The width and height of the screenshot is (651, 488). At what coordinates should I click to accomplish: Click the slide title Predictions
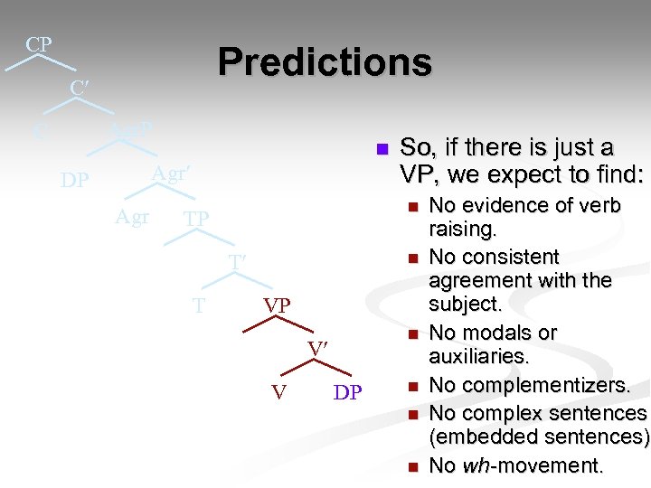tap(325, 62)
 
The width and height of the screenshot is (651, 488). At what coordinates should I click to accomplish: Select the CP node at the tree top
tap(38, 44)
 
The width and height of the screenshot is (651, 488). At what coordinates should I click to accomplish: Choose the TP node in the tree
tap(196, 219)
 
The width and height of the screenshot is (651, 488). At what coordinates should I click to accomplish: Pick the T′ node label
tap(238, 262)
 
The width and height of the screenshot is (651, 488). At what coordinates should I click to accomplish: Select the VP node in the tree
tap(277, 306)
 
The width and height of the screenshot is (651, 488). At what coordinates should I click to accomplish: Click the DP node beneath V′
tap(347, 392)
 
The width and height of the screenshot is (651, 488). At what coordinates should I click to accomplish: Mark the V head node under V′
tap(279, 392)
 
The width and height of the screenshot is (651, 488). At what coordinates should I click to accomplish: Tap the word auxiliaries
tap(478, 357)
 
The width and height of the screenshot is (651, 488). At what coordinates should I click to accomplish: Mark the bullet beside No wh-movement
tap(413, 467)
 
